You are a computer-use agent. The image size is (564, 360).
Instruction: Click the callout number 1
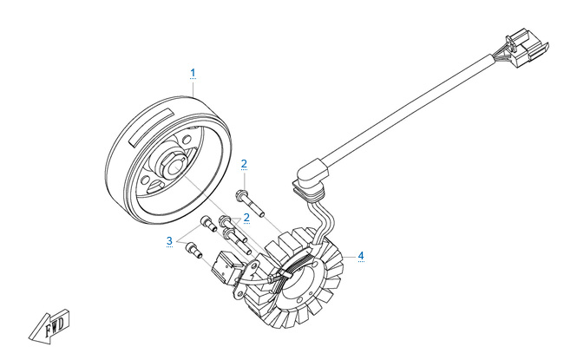click(193, 72)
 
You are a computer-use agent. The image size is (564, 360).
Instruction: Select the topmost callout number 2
click(244, 164)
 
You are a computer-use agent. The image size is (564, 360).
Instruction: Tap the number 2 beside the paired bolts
click(246, 217)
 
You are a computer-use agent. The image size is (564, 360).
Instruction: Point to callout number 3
click(169, 240)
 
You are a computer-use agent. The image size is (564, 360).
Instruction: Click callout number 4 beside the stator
click(361, 256)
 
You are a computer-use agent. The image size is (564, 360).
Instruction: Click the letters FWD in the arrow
click(55, 325)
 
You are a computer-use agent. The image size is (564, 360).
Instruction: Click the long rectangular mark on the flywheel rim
click(150, 128)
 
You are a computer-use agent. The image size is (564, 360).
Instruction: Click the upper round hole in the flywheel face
click(187, 140)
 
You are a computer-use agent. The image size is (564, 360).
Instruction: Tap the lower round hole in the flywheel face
click(145, 180)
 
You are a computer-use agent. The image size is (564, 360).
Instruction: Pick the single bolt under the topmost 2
click(250, 204)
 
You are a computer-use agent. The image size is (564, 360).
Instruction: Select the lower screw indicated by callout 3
click(193, 250)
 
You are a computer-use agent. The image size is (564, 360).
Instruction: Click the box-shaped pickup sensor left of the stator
click(226, 267)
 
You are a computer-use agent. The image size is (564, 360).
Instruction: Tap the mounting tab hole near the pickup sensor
click(254, 266)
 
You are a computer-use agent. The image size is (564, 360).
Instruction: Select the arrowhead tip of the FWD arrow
click(30, 338)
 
